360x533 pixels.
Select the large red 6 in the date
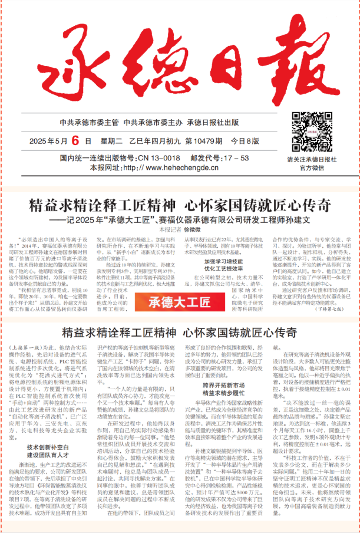[76, 142]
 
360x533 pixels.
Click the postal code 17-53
[236, 159]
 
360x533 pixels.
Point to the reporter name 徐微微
[193, 230]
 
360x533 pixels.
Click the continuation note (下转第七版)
[332, 308]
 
